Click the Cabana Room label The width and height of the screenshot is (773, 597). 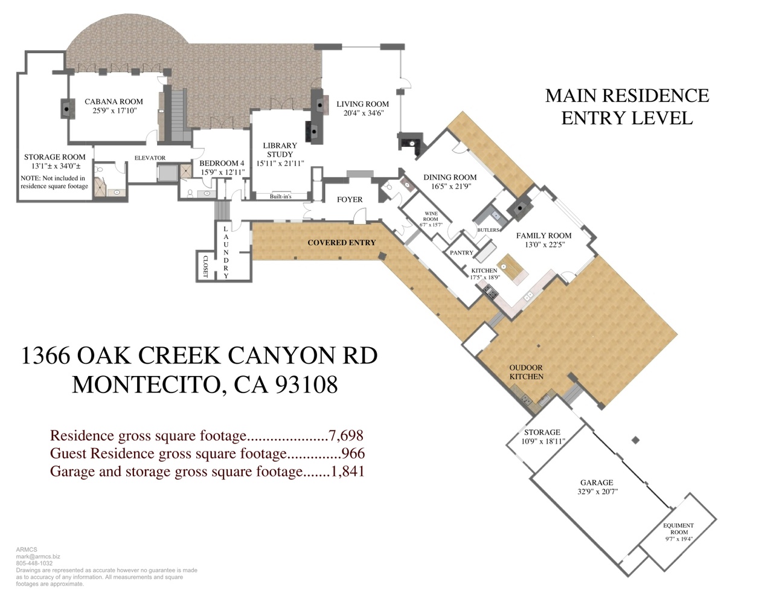tap(114, 101)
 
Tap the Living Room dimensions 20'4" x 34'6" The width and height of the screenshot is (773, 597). tap(363, 113)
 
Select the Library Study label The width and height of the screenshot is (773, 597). tap(280, 150)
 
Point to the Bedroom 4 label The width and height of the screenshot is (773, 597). tap(222, 163)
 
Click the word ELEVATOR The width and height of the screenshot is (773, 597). tap(150, 158)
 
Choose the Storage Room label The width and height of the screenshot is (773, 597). tap(55, 157)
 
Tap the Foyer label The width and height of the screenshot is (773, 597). tap(350, 199)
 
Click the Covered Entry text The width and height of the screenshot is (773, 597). tap(341, 243)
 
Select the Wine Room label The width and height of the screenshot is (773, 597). tap(431, 216)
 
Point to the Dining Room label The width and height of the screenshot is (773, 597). tap(450, 177)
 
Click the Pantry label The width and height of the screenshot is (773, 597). tap(461, 252)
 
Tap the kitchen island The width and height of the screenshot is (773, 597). tap(513, 269)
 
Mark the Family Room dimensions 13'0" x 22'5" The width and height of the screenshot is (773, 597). tap(545, 244)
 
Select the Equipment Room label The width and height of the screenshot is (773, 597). tap(679, 529)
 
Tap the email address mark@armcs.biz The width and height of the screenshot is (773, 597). tap(38, 557)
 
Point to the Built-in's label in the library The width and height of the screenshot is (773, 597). tap(281, 196)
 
